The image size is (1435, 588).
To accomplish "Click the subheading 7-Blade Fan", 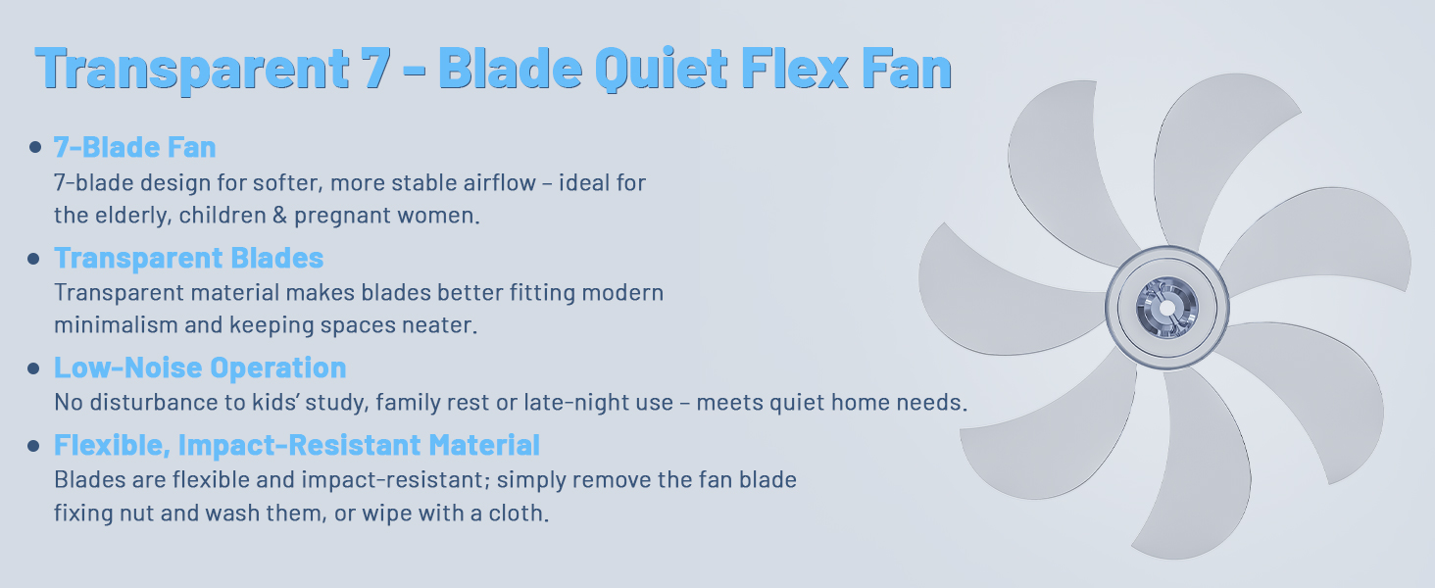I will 135,148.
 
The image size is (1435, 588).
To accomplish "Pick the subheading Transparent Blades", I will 188,258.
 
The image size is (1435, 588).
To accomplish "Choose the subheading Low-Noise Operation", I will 200,367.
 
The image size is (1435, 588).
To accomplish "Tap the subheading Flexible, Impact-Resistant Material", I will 297,445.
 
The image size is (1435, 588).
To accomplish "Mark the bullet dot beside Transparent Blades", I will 35,259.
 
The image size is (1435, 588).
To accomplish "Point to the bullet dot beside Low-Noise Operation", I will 35,368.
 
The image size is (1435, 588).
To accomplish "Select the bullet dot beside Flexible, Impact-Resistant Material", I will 35,446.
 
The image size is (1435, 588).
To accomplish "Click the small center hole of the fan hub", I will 1166,308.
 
